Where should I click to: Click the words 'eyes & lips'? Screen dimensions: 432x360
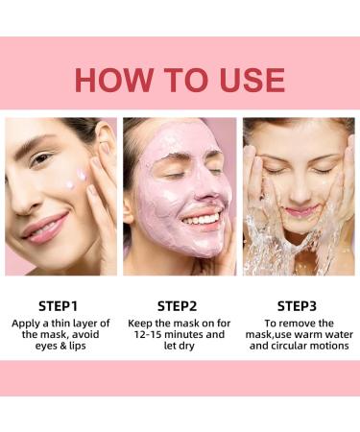[x=60, y=346]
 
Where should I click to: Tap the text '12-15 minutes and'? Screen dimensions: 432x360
[x=179, y=334]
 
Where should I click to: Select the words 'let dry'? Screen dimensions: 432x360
[x=179, y=346]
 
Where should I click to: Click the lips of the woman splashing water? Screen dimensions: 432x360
[x=300, y=210]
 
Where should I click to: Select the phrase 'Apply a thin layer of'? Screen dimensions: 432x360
[x=60, y=323]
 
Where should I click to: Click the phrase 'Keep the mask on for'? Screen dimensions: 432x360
[x=179, y=323]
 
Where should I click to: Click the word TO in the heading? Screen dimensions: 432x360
[x=180, y=80]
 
